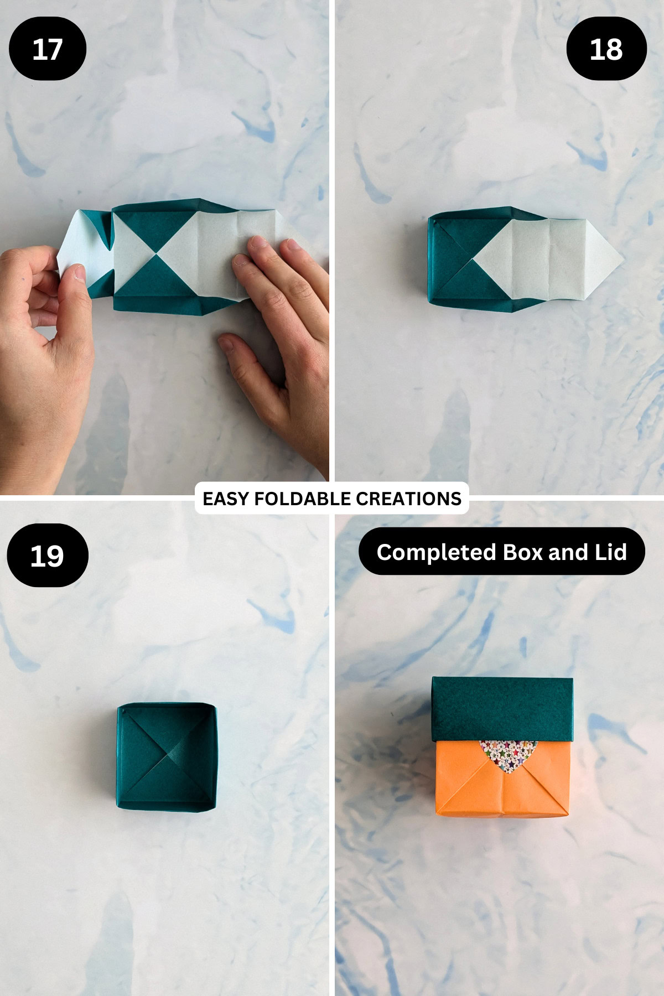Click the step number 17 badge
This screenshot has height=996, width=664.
pyautogui.click(x=48, y=49)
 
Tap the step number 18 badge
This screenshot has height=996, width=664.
pyautogui.click(x=606, y=49)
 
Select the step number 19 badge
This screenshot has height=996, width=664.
pyautogui.click(x=48, y=556)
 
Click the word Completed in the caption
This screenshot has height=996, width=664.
pyautogui.click(x=436, y=552)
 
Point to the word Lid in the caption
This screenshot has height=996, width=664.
pyautogui.click(x=611, y=552)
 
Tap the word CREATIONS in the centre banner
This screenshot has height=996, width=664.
pyautogui.click(x=408, y=499)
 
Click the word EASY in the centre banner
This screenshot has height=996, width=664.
pyautogui.click(x=226, y=499)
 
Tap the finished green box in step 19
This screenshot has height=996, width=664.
pyautogui.click(x=166, y=757)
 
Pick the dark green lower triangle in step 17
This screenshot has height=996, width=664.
pyautogui.click(x=157, y=282)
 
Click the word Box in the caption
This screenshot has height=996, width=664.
pyautogui.click(x=523, y=552)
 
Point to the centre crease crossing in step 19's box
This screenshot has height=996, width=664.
pyautogui.click(x=167, y=754)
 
